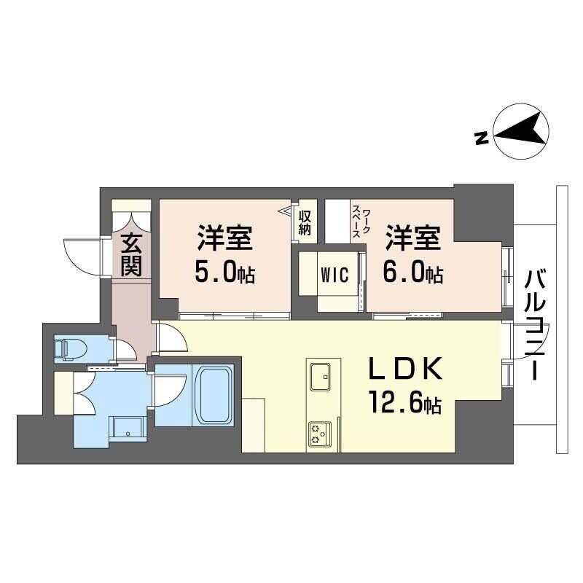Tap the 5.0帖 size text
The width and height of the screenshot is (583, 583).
(x=224, y=273)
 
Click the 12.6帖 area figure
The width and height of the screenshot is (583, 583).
(x=405, y=403)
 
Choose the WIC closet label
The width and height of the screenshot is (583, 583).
(x=332, y=275)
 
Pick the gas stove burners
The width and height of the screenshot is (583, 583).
(x=318, y=433)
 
